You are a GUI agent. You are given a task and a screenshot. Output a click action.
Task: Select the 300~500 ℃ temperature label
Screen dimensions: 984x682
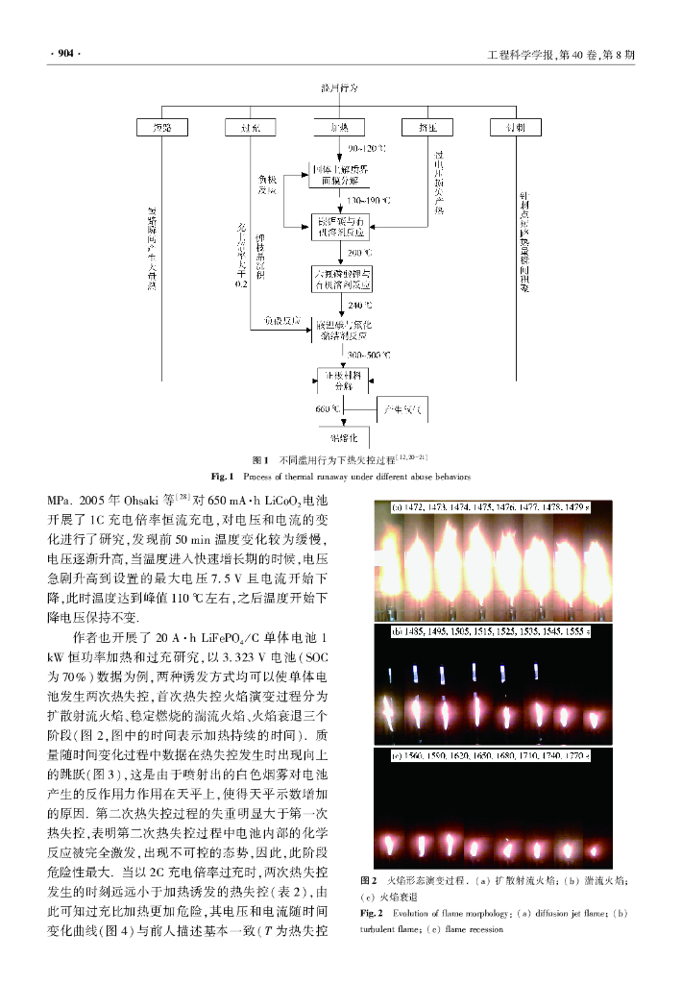(x=370, y=355)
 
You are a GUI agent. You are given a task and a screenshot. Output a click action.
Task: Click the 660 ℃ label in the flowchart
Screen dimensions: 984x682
(x=329, y=409)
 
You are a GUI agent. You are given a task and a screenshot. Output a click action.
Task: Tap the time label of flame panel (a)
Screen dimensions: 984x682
(x=490, y=505)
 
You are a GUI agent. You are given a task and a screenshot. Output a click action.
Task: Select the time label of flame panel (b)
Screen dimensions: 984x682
(x=490, y=631)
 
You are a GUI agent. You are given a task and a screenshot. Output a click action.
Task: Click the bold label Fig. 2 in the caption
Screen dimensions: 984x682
(x=371, y=912)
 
